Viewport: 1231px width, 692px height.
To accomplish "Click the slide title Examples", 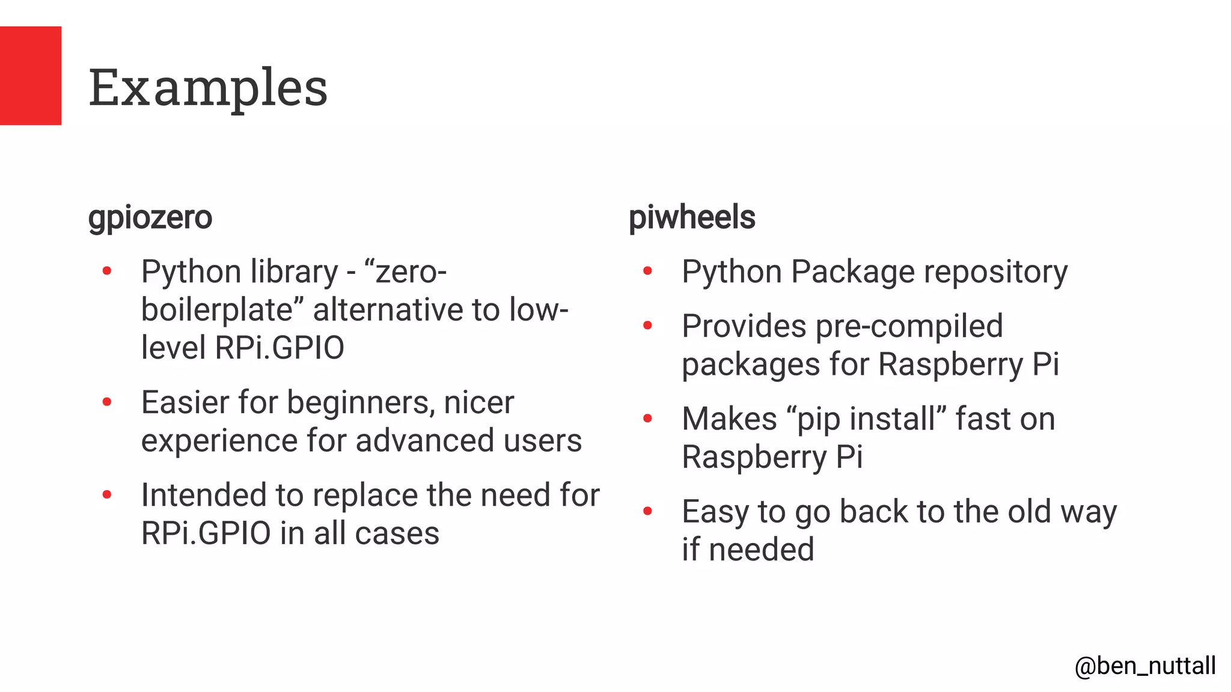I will pyautogui.click(x=208, y=88).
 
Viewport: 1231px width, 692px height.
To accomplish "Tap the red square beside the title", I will pyautogui.click(x=31, y=76).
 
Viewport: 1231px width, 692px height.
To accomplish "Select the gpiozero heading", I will pyautogui.click(x=150, y=217).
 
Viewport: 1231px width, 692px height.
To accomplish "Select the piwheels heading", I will pyautogui.click(x=692, y=217).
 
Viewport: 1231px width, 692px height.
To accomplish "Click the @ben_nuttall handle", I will pyautogui.click(x=1145, y=666).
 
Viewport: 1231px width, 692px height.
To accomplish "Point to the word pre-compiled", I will pyautogui.click(x=909, y=327).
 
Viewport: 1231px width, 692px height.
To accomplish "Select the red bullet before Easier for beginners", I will pyautogui.click(x=107, y=402).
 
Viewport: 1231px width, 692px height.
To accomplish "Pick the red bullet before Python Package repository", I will pyautogui.click(x=647, y=272).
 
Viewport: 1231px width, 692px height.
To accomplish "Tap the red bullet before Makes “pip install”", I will pyautogui.click(x=647, y=418).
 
